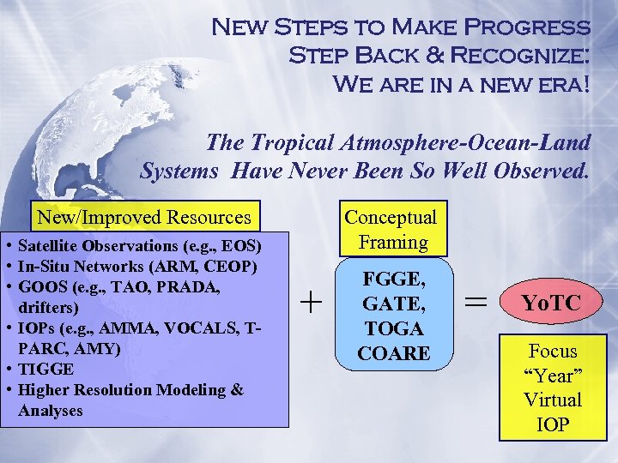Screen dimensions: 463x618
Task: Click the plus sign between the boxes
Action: click(x=312, y=302)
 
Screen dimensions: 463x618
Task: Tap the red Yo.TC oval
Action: click(x=551, y=303)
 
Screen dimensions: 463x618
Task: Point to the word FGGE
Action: click(x=393, y=280)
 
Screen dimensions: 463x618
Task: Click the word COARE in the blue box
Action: click(x=393, y=352)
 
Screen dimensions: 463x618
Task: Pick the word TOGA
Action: click(x=393, y=328)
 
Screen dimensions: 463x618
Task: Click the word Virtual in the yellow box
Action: click(x=552, y=400)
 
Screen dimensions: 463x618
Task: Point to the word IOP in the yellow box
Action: click(x=552, y=424)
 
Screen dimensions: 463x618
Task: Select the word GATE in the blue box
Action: click(x=393, y=304)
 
